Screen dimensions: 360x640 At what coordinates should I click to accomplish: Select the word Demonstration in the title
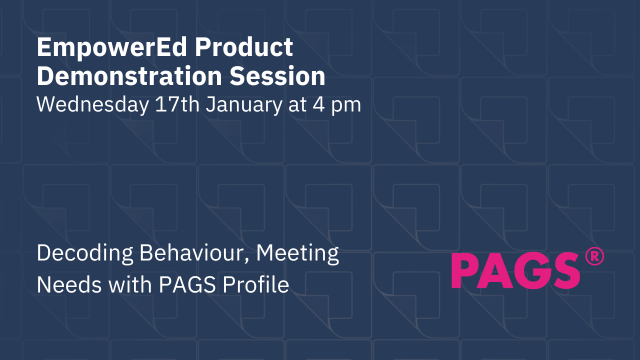point(129,76)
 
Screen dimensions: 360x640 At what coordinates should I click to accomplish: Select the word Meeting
point(298,254)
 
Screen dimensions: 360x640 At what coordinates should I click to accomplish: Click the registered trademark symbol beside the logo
point(594,256)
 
